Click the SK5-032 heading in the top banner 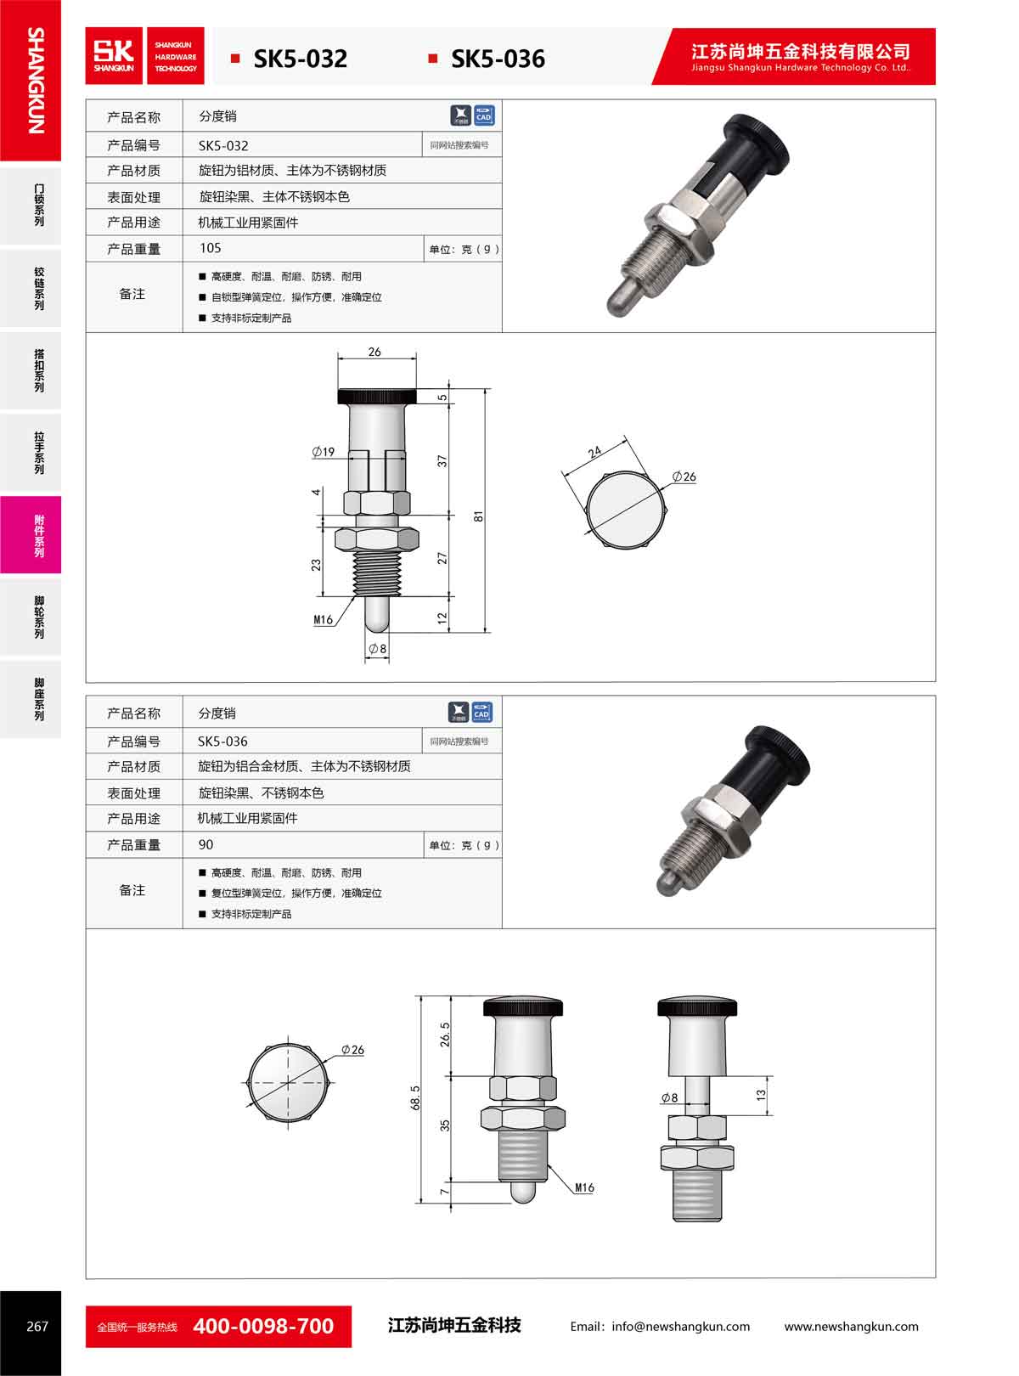point(300,59)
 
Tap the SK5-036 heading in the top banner point(498,59)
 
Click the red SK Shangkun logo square point(114,56)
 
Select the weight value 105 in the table point(211,248)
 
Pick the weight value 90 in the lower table point(205,844)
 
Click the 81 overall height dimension point(478,516)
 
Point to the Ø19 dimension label point(324,452)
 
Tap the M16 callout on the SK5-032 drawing point(324,619)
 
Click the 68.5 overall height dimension point(415,1097)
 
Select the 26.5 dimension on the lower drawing point(445,1035)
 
